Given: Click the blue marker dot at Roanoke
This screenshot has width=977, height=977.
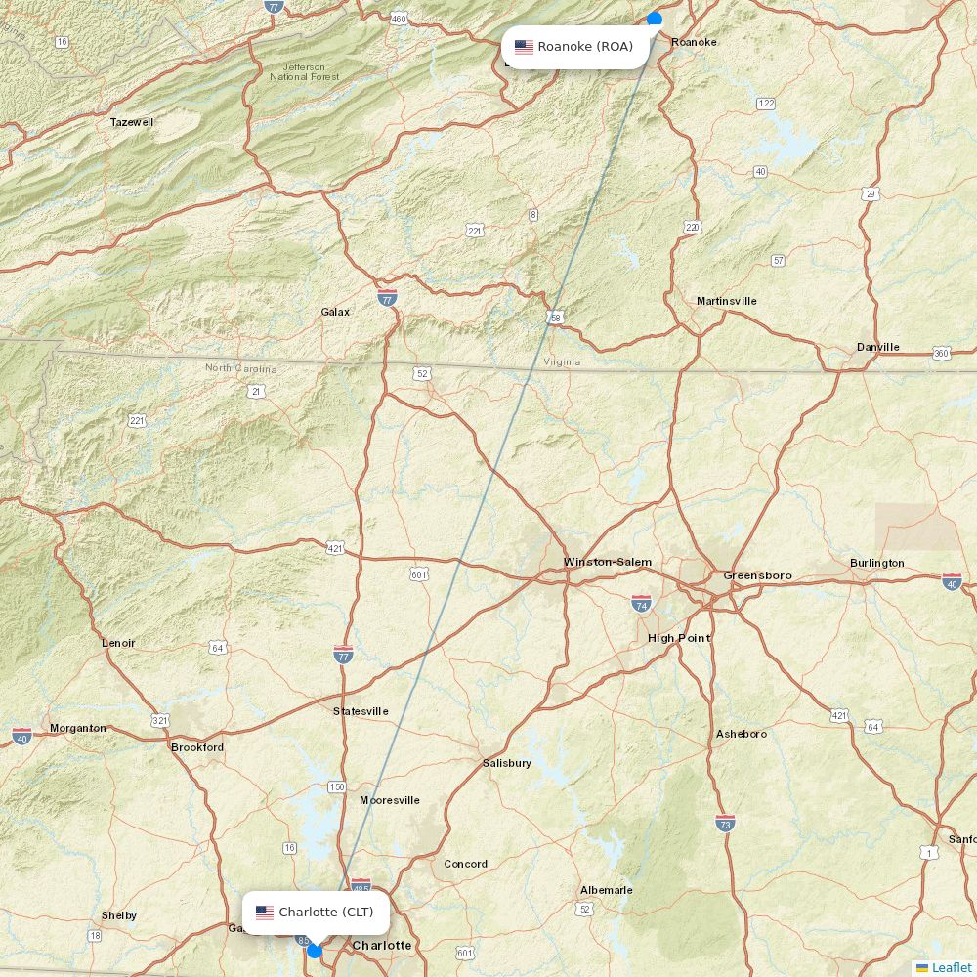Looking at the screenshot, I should click(x=655, y=19).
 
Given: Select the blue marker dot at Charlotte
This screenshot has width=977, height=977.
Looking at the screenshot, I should click(x=314, y=950).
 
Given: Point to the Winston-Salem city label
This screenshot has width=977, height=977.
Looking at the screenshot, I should click(x=607, y=562).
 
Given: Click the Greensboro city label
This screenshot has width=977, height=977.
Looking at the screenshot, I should click(x=757, y=575).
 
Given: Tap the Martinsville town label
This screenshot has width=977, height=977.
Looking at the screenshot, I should click(x=726, y=301).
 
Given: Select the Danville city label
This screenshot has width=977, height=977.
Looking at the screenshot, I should click(x=877, y=347).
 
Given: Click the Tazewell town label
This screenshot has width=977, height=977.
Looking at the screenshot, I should click(x=132, y=122).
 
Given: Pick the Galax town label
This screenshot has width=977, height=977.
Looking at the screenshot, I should click(x=335, y=312).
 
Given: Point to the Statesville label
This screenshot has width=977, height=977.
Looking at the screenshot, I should click(x=361, y=711).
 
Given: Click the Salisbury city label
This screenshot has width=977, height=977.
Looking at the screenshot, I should click(x=506, y=763).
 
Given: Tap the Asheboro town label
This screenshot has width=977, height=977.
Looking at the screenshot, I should click(x=741, y=734).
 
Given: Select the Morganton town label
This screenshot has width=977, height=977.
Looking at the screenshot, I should click(x=78, y=728).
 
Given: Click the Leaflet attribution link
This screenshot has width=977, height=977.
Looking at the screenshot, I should click(x=951, y=967).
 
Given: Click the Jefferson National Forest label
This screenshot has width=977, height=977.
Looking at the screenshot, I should click(x=305, y=71).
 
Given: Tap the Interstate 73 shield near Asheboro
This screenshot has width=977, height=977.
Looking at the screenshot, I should click(x=724, y=823).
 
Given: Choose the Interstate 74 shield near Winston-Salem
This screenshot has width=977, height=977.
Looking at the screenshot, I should click(x=641, y=603).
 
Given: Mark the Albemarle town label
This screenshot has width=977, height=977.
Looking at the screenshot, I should click(x=606, y=890).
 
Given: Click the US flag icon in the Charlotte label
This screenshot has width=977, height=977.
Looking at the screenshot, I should click(x=265, y=913).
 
